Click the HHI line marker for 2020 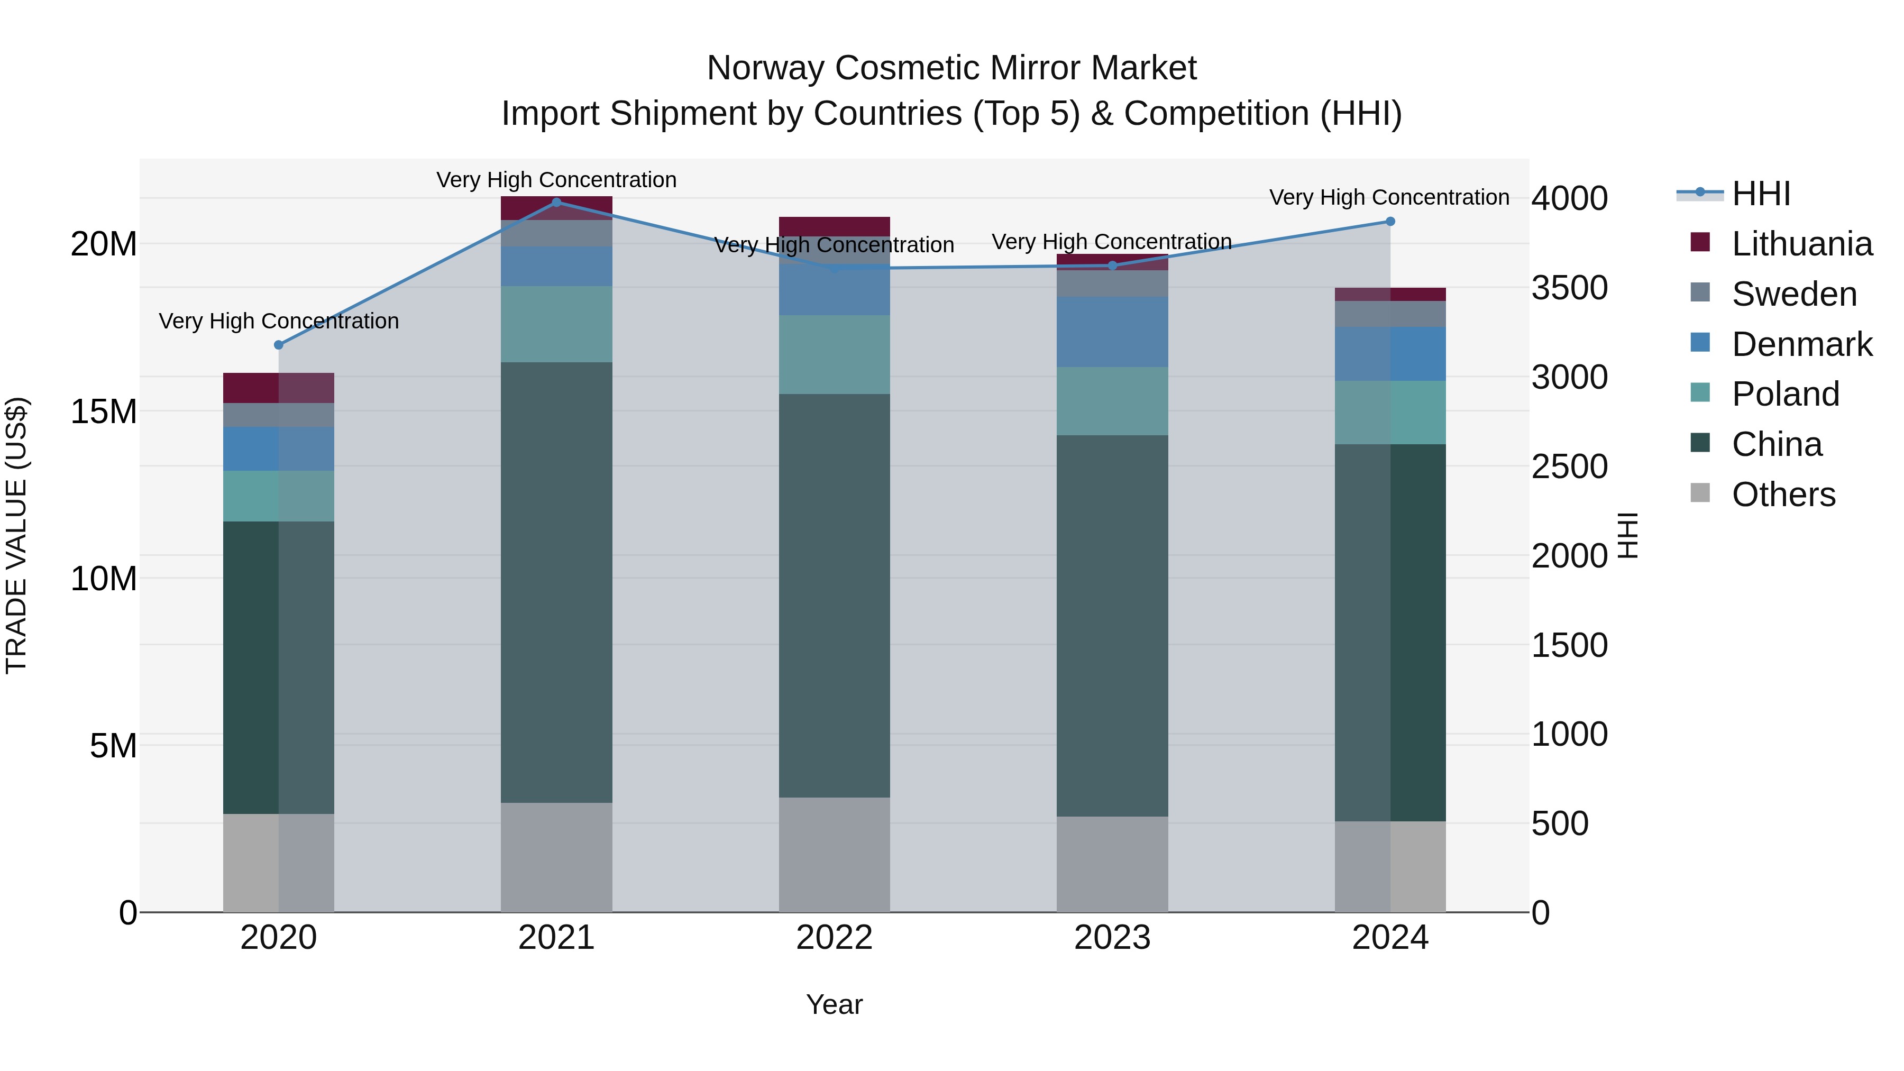coord(279,345)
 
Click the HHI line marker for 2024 coord(1390,222)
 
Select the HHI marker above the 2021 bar coord(556,203)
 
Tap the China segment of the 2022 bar coord(835,595)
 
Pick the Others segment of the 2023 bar coord(1112,864)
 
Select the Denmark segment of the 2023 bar coord(1112,332)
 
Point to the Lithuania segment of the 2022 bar coord(835,226)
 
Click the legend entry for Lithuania coord(1801,244)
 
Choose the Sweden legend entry coord(1794,294)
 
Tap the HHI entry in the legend coord(1761,194)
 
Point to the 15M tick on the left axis coord(104,411)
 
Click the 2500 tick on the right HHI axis coord(1569,466)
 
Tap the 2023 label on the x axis coord(1112,938)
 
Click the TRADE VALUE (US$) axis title coord(16,535)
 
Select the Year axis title coord(835,1004)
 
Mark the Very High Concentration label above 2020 coord(279,321)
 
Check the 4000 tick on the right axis coord(1569,198)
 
